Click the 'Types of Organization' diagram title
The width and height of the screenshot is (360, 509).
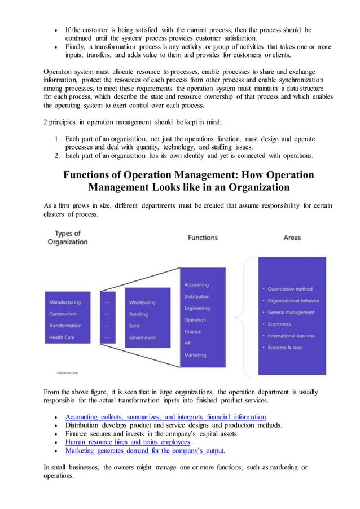click(x=67, y=238)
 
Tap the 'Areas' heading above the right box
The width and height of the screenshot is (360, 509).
click(x=292, y=238)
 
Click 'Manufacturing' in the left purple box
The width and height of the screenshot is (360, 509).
click(x=64, y=302)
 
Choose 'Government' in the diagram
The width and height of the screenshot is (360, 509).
click(x=142, y=337)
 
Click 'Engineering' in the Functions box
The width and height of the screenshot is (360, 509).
click(x=197, y=308)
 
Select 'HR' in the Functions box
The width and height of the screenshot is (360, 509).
click(x=188, y=343)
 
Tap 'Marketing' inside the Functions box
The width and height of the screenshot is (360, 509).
click(x=195, y=355)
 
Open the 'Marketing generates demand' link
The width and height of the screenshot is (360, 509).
click(x=144, y=451)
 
